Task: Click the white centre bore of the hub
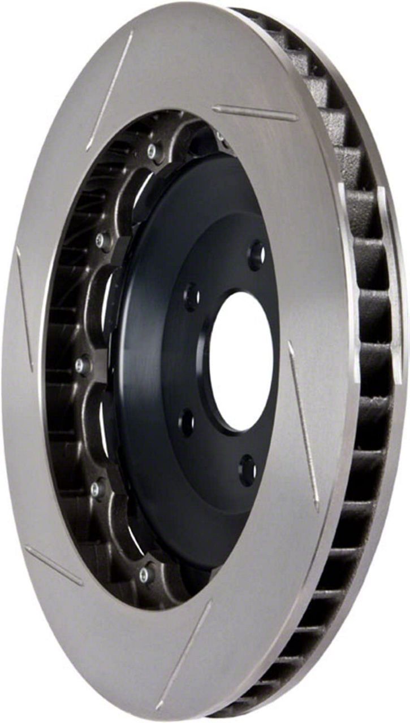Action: click(x=241, y=362)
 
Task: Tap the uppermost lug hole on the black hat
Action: click(x=257, y=255)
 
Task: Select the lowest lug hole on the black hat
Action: click(x=248, y=469)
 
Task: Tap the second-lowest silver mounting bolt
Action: click(x=98, y=487)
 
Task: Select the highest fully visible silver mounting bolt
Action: click(x=152, y=150)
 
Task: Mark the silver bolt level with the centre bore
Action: click(x=83, y=364)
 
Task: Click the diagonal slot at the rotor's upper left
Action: click(x=110, y=90)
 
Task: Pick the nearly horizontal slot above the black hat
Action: click(x=254, y=113)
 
